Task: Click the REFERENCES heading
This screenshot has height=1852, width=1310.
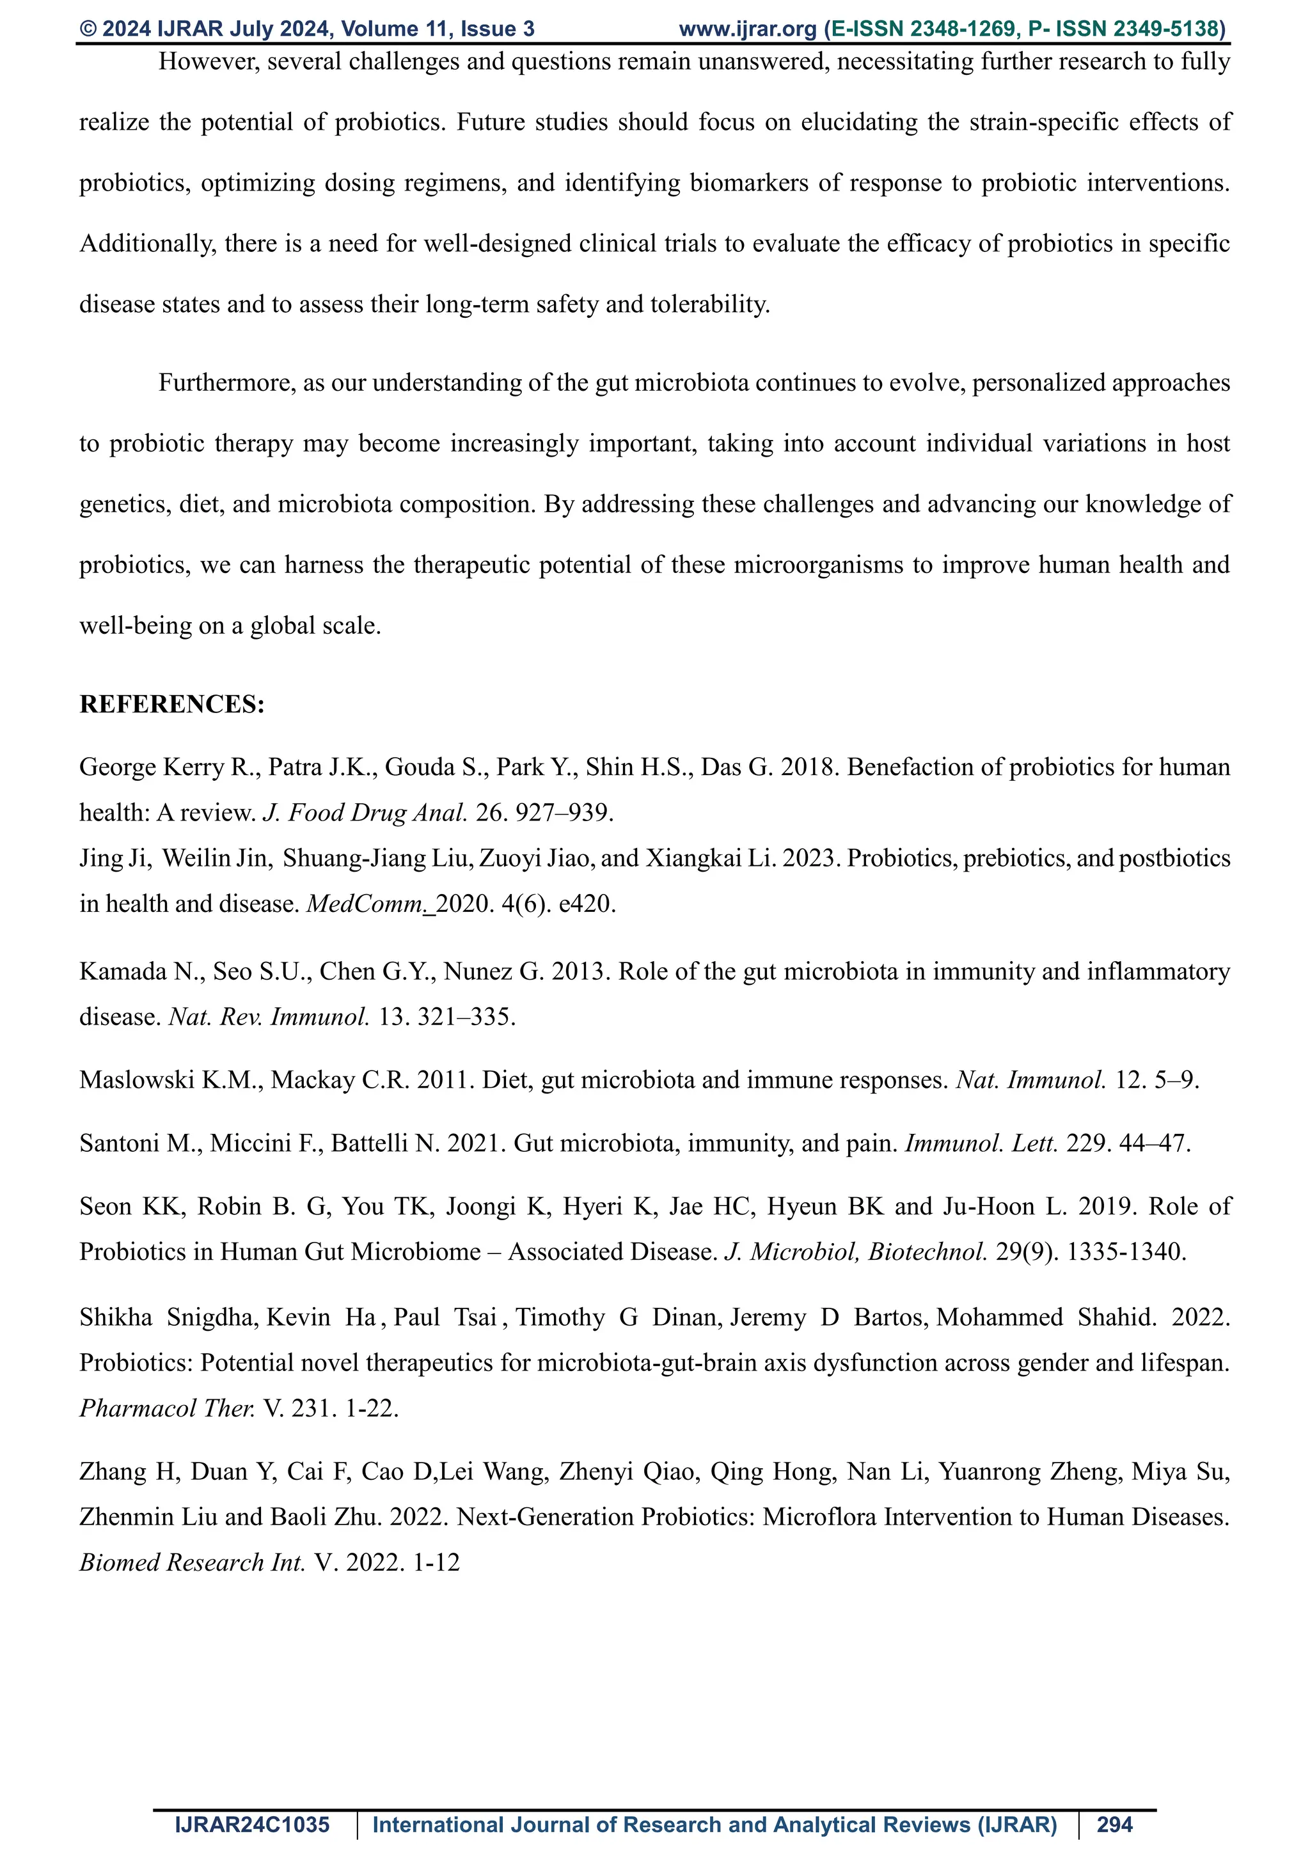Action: [172, 704]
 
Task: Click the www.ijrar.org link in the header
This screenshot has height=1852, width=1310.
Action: [748, 29]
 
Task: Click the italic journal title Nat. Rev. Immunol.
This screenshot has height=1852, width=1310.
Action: [269, 1016]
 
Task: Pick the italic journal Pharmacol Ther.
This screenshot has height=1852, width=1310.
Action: [167, 1408]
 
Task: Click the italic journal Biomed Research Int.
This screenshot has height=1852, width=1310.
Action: [192, 1562]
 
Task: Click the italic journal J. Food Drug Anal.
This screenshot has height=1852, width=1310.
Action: [365, 812]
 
